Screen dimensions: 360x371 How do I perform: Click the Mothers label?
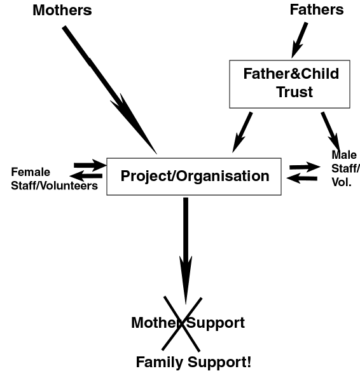pos(62,10)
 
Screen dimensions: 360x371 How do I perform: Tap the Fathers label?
pos(317,10)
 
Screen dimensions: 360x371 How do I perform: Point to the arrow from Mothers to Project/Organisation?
pos(109,90)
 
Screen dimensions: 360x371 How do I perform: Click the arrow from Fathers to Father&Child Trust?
pos(300,40)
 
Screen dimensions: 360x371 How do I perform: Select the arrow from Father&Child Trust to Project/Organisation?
pos(242,132)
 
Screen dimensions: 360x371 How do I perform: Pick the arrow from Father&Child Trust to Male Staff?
pos(331,131)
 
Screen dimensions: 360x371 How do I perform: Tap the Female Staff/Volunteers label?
pos(54,179)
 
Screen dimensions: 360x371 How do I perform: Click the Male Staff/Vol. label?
pos(346,168)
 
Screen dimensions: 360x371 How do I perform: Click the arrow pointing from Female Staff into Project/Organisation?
pos(90,165)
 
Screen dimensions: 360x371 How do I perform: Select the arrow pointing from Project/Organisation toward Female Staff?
pos(86,176)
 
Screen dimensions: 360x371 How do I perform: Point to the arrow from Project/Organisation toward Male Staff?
pos(305,167)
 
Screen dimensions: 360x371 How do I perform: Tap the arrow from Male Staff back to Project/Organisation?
pos(301,178)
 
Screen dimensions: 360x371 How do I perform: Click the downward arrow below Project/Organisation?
pos(186,251)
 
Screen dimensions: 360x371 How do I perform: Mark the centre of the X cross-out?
pos(182,324)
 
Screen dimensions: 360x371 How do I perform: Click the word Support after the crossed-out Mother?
pos(216,323)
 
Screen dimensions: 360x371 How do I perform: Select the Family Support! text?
pos(193,362)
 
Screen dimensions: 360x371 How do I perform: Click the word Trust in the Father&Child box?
pos(294,92)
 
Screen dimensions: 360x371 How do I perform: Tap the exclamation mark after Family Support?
pos(249,361)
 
